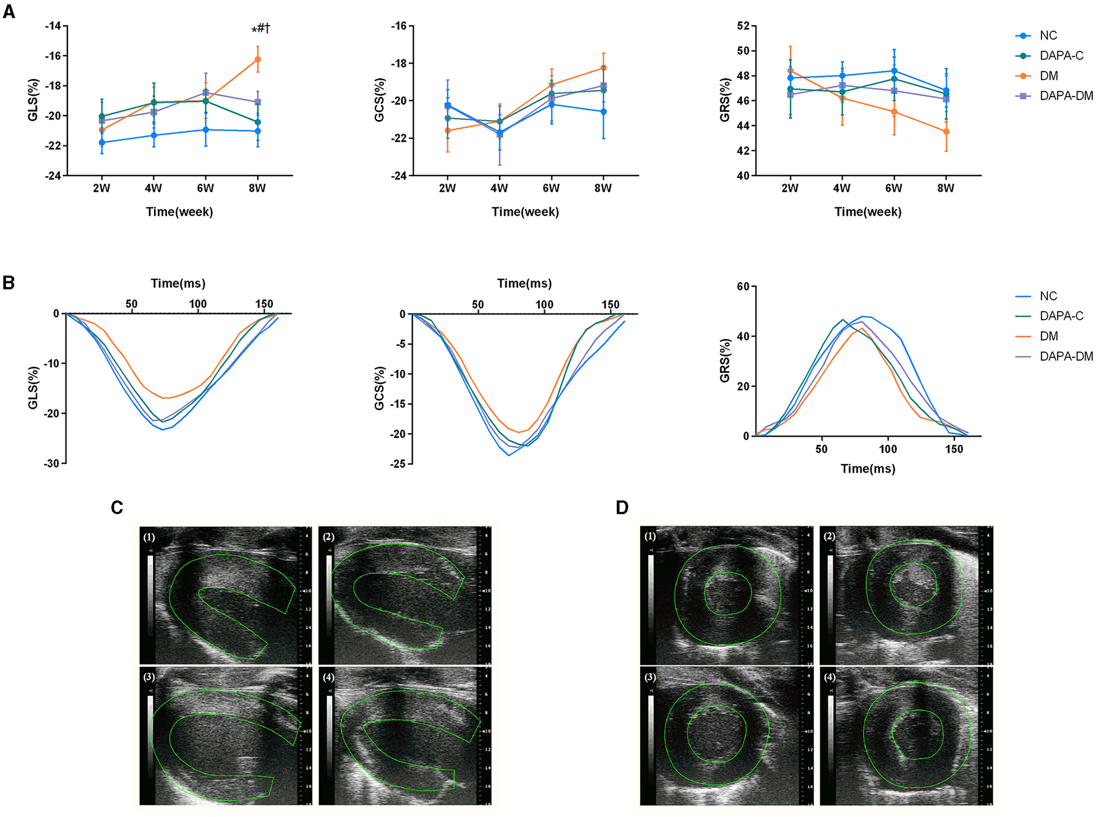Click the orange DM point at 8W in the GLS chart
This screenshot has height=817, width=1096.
257,59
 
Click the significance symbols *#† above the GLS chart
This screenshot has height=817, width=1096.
260,28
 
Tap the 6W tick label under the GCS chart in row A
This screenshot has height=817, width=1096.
550,188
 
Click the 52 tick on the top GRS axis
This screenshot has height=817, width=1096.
743,26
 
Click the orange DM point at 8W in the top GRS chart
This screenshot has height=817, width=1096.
946,131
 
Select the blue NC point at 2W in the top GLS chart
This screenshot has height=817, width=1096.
102,142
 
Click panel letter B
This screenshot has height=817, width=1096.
9,283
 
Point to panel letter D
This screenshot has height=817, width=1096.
622,508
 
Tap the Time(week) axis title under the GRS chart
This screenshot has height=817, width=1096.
867,212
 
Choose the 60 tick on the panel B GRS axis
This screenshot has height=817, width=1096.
743,286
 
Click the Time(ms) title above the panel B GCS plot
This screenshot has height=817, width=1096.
524,283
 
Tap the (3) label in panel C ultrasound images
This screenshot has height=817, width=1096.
149,677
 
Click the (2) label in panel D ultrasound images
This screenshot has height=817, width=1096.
829,536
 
